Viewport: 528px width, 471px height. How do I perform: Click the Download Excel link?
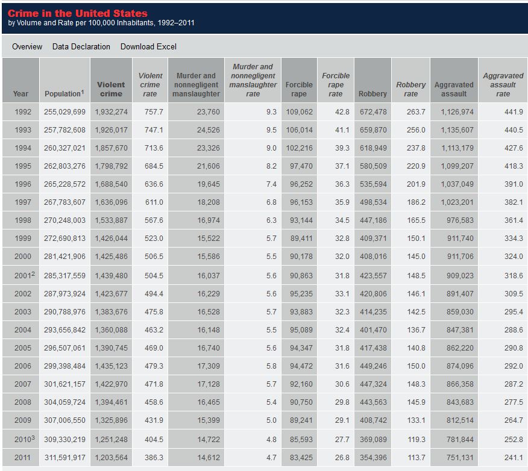click(x=148, y=46)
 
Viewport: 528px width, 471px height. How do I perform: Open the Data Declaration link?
click(x=81, y=46)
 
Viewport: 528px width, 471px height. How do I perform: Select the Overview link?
click(x=27, y=46)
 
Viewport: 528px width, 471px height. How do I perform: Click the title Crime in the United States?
click(x=77, y=13)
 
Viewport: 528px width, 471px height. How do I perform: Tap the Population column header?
click(x=64, y=93)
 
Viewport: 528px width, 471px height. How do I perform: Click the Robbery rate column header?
click(x=411, y=89)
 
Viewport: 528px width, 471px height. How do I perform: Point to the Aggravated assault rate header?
click(x=503, y=85)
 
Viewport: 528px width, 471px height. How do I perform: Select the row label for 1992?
click(x=22, y=111)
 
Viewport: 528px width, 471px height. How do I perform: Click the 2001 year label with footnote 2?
click(x=24, y=275)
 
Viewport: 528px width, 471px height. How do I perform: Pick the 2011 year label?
click(x=22, y=458)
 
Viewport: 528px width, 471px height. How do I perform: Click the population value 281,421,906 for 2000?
click(x=64, y=257)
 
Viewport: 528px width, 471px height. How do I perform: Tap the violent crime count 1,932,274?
click(x=111, y=111)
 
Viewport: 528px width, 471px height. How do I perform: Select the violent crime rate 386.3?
click(x=154, y=458)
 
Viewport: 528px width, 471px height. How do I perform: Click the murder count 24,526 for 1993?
click(x=209, y=130)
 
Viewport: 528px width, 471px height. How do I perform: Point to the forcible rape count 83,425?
click(x=301, y=458)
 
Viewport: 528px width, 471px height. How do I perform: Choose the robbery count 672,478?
click(x=373, y=111)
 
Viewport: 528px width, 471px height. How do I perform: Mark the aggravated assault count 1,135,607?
click(x=457, y=130)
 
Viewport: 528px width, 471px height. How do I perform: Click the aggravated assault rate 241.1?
click(x=514, y=458)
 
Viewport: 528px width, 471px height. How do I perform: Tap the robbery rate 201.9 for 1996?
click(x=416, y=184)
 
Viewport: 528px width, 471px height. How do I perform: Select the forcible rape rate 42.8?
click(x=342, y=111)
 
